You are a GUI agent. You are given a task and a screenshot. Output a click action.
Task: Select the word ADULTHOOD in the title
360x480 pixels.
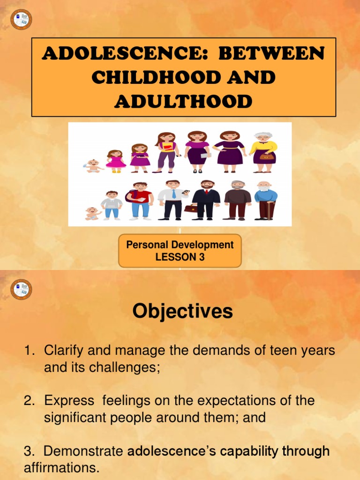point(183,101)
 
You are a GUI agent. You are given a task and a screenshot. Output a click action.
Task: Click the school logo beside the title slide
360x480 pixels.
point(21,19)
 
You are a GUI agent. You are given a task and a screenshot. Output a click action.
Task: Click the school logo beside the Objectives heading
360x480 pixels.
point(21,289)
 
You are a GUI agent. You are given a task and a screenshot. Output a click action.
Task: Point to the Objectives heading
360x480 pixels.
point(182,311)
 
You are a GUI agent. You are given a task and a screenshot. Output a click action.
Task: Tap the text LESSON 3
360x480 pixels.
point(180,257)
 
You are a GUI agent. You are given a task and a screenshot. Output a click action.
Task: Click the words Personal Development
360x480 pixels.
point(180,245)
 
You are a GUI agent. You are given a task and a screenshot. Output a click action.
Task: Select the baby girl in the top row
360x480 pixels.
point(93,166)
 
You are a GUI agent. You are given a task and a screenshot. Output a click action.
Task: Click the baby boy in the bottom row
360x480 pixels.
point(92,213)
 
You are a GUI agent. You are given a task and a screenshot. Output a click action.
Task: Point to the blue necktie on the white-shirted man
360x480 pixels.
point(173,194)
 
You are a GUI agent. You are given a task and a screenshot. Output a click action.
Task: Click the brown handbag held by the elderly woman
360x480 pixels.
point(266,157)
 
